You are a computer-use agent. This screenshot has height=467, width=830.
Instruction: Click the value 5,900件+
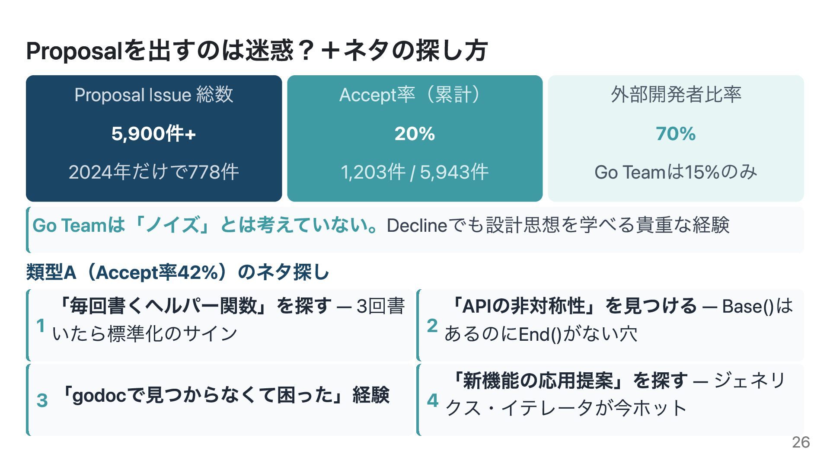(x=153, y=134)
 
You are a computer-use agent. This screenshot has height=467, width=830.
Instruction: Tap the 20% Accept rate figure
(x=415, y=134)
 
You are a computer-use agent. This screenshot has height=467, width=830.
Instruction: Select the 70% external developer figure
(x=676, y=134)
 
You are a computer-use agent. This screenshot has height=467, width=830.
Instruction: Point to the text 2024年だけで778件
(x=153, y=172)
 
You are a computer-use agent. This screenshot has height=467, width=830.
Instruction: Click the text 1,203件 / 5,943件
(x=415, y=172)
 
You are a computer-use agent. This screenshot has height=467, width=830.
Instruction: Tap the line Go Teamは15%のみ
(x=676, y=172)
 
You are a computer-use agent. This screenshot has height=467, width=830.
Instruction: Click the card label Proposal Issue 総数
(x=153, y=95)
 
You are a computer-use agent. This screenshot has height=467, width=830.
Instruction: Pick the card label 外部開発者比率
(x=676, y=95)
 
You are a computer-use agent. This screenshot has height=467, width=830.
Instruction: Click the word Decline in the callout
(x=417, y=225)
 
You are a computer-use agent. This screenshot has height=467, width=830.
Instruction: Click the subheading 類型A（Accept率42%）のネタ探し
(x=178, y=272)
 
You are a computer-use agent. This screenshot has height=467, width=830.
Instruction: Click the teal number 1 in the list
(x=41, y=326)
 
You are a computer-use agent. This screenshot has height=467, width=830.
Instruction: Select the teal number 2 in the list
(x=432, y=326)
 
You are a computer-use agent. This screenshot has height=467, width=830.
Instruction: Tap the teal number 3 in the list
(x=42, y=400)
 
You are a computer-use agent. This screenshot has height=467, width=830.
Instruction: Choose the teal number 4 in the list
(x=433, y=400)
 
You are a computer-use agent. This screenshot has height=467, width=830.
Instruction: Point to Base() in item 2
(x=747, y=307)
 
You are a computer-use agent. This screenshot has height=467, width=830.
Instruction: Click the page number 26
(x=801, y=442)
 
